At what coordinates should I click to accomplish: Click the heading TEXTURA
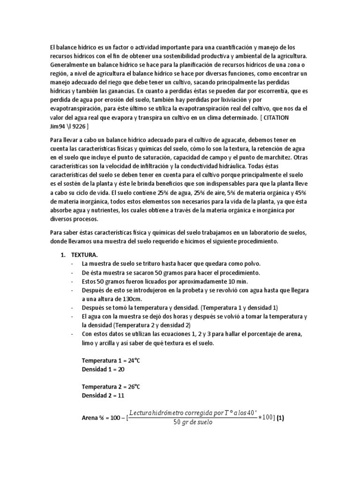click(84, 255)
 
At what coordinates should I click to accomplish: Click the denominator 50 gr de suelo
click(193, 422)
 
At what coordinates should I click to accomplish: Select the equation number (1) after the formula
click(280, 418)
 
